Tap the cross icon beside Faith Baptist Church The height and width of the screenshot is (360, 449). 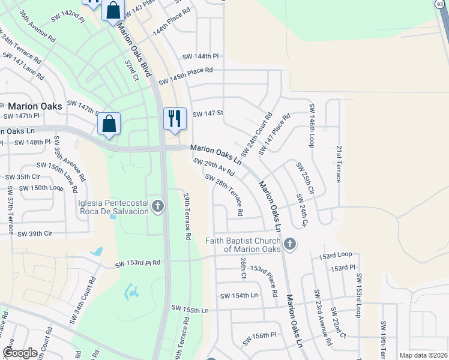click(x=290, y=244)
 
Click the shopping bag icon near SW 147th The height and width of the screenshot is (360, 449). click(x=109, y=124)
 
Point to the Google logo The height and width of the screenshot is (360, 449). click(x=20, y=353)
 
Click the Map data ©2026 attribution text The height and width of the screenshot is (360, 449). click(x=423, y=355)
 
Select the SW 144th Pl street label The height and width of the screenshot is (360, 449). click(x=201, y=56)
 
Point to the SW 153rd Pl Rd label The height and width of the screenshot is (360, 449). click(x=138, y=263)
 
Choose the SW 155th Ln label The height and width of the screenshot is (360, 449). click(x=190, y=310)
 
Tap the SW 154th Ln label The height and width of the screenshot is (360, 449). click(x=238, y=296)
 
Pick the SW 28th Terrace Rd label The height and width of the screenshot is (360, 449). click(x=224, y=195)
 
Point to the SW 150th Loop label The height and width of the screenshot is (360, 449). click(x=40, y=188)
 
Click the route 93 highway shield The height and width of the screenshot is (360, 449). click(x=440, y=4)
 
